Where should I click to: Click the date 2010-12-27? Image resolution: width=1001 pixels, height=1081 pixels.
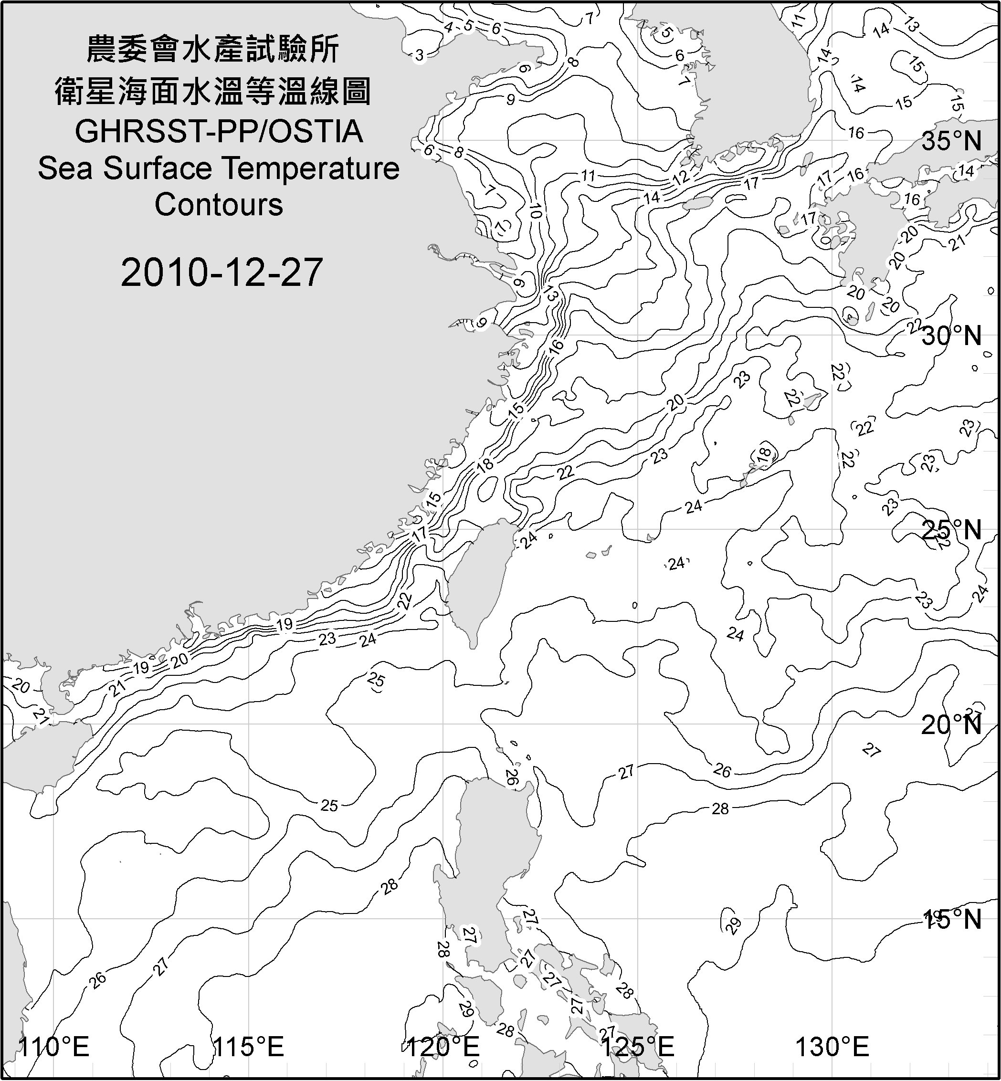click(221, 273)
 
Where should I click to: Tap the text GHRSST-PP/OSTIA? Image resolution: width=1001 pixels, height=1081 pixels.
click(219, 132)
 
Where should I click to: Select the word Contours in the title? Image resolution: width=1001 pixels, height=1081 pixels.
click(219, 205)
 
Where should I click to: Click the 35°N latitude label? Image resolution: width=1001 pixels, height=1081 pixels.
click(952, 141)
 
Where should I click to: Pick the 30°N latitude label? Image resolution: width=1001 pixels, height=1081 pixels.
click(952, 336)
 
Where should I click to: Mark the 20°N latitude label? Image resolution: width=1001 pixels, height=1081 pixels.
click(952, 724)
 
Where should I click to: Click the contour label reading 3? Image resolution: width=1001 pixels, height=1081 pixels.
click(419, 55)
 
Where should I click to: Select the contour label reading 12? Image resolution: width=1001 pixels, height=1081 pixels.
click(680, 176)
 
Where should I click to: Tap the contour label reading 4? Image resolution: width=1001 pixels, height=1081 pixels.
click(448, 27)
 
